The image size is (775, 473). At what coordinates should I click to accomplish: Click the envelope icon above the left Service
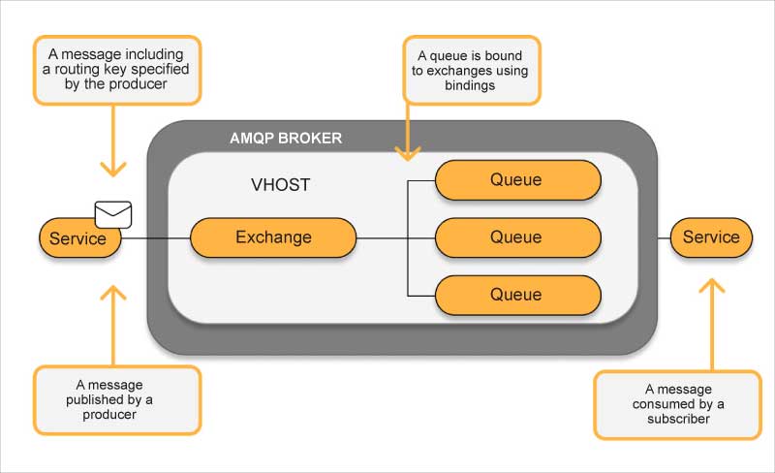pos(113,214)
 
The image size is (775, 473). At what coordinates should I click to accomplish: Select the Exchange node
pos(273,237)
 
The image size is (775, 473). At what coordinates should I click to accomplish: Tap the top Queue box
pos(517,180)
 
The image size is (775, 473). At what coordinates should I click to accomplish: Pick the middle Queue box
pos(517,237)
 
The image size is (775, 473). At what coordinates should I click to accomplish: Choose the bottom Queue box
pos(517,295)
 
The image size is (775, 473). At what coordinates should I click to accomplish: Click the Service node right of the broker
pos(710,237)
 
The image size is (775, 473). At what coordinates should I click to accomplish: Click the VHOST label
pos(280,184)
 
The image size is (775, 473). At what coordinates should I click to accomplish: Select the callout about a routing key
pos(117,70)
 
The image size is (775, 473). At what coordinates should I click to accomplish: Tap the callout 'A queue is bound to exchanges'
pos(472,70)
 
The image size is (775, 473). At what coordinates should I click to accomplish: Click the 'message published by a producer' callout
pos(117,398)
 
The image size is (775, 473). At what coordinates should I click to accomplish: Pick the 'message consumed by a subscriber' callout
pos(678,404)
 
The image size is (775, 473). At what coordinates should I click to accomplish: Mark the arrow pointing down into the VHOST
pos(409,136)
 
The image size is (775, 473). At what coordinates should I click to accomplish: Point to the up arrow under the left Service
pos(114,320)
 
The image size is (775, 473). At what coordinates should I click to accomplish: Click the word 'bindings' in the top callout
pos(472,85)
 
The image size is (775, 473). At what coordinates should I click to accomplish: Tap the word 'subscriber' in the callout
pos(678,419)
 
